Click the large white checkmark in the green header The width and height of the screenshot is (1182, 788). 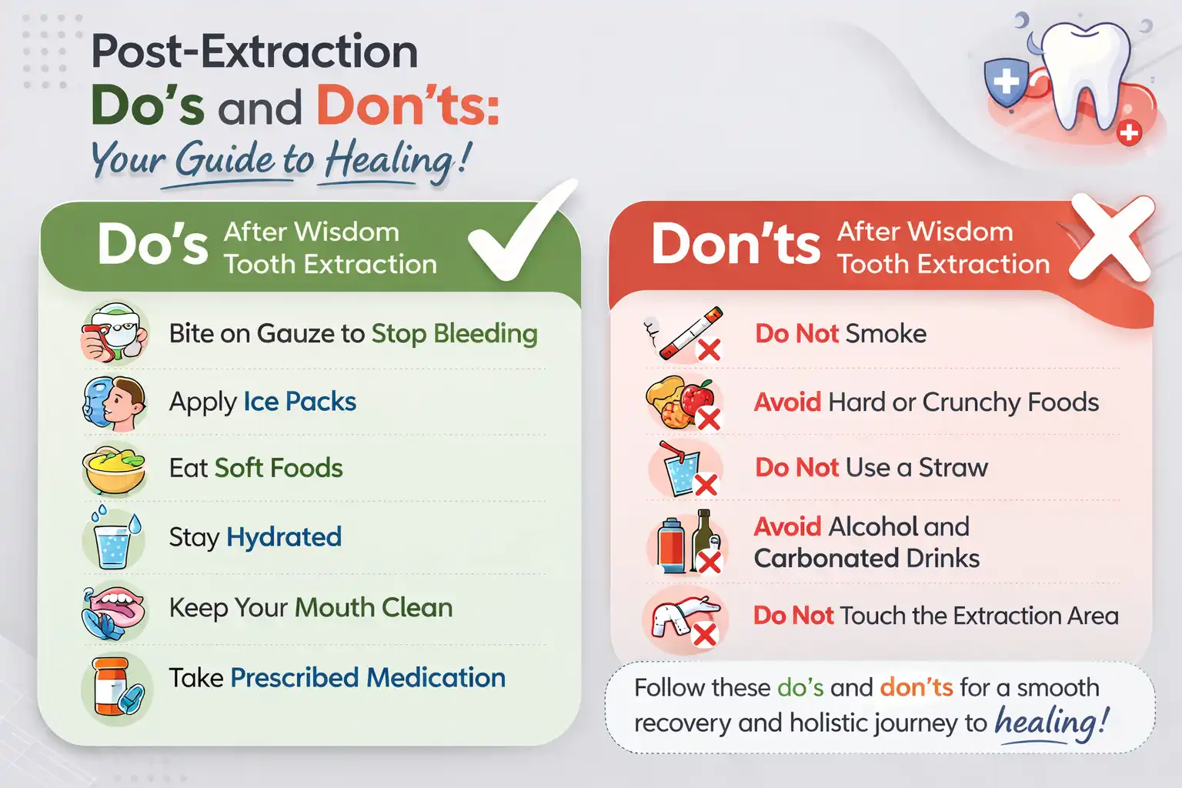click(517, 235)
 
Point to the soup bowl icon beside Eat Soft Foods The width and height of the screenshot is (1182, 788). click(114, 469)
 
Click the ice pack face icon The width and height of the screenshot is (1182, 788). click(114, 402)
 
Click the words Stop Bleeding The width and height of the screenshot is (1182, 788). click(454, 334)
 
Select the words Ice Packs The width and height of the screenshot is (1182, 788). click(299, 402)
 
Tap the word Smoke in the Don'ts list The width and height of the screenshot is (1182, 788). click(886, 334)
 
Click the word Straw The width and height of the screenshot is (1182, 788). click(953, 468)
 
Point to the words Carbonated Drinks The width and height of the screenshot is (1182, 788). click(866, 559)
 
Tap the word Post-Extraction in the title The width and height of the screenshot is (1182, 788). click(255, 52)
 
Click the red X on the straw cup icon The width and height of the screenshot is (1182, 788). click(706, 485)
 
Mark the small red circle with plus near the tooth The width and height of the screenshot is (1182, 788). click(1129, 134)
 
